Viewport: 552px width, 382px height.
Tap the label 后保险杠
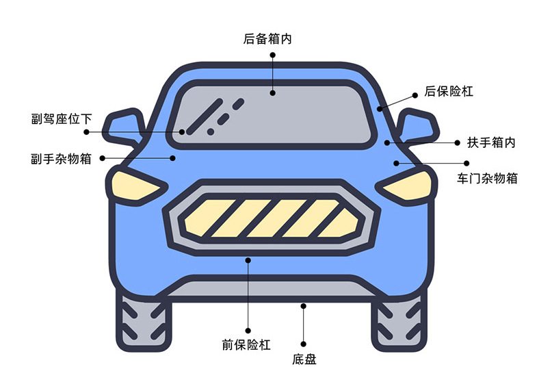449,91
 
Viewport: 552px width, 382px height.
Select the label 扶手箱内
491,143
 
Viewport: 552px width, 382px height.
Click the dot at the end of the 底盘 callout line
304,344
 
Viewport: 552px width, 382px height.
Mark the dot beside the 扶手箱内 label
456,142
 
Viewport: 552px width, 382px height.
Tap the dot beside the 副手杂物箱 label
103,158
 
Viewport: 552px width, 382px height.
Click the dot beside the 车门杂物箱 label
466,163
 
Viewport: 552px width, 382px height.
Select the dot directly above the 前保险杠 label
248,330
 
